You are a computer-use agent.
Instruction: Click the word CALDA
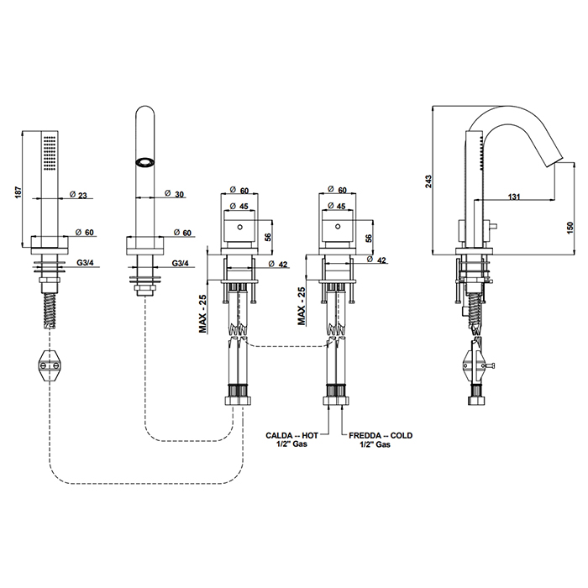(x=279, y=435)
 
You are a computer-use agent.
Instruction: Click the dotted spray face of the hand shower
(x=50, y=150)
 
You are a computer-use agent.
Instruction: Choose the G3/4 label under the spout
(x=180, y=264)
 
